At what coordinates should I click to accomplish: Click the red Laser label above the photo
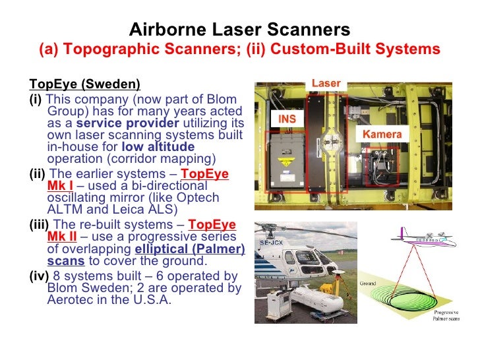pos(326,84)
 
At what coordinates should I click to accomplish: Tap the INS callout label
pos(287,119)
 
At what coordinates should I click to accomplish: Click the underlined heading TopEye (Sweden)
pos(84,84)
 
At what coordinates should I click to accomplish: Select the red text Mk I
pos(60,186)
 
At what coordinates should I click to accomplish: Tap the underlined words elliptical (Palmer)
pos(190,249)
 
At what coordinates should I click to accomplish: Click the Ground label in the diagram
pos(367,284)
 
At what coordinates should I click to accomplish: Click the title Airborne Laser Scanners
pos(239,30)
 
